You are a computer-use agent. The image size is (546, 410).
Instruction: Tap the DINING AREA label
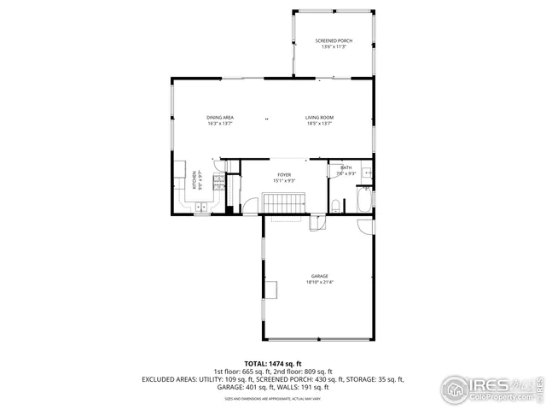pos(220,117)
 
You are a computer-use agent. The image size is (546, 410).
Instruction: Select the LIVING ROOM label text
pos(320,117)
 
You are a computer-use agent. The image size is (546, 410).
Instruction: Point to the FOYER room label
pos(284,174)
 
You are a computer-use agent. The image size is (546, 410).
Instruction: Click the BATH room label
pos(346,167)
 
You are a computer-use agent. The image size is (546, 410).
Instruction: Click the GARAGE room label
pos(320,276)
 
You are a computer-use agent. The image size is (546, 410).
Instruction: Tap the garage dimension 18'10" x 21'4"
pos(320,282)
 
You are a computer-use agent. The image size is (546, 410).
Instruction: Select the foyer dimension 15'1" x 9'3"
pos(284,180)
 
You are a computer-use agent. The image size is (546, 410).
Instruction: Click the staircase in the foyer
pos(284,203)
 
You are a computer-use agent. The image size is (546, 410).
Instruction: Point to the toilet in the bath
pos(337,204)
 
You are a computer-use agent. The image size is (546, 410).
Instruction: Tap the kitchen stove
pos(218,183)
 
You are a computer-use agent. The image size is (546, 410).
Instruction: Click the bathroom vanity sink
pos(365,173)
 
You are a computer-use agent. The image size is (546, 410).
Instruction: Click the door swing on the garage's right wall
pos(366,228)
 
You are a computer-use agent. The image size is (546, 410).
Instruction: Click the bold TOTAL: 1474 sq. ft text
pos(272,363)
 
